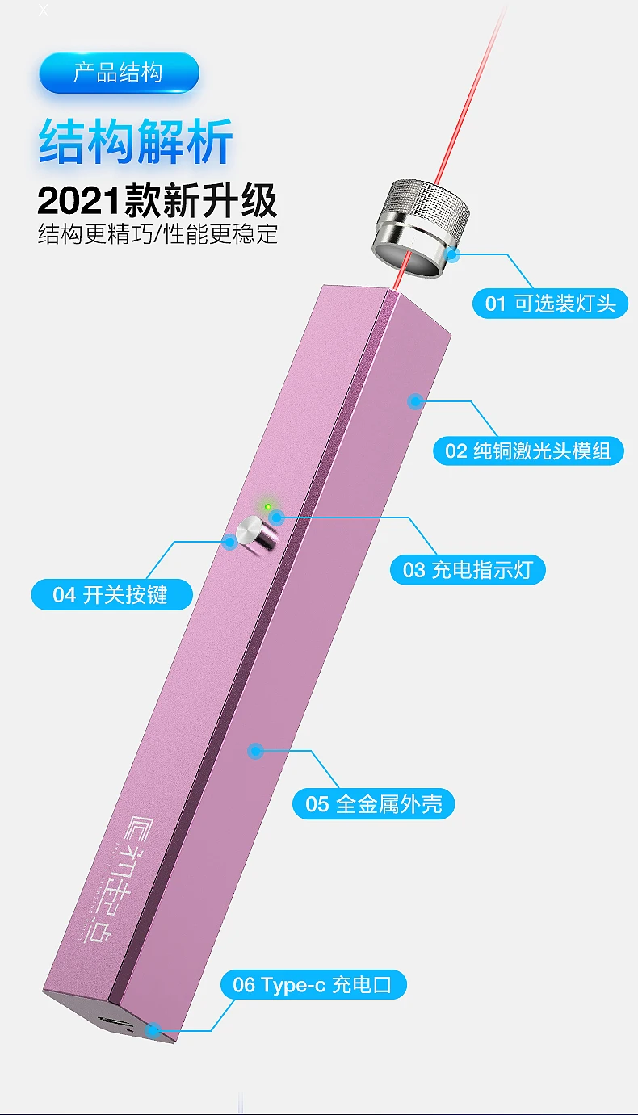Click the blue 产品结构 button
(119, 73)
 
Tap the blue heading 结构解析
(136, 142)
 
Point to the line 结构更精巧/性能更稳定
(158, 234)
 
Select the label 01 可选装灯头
(550, 304)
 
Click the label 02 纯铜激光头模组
(528, 450)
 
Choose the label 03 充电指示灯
(468, 570)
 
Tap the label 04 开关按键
(111, 595)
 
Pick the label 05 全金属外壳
(373, 803)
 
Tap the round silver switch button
(254, 534)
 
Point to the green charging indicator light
(267, 507)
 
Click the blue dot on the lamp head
(452, 255)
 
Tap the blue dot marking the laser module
(415, 400)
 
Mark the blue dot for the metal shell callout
(256, 751)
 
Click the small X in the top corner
(44, 10)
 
